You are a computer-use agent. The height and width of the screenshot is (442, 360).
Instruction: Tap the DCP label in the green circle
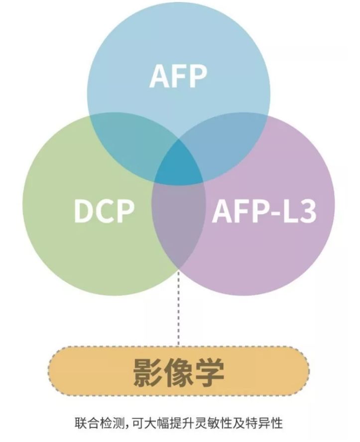click(x=104, y=211)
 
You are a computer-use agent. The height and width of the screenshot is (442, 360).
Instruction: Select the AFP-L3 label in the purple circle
click(x=264, y=211)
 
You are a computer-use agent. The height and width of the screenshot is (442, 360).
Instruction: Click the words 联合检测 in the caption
click(x=100, y=424)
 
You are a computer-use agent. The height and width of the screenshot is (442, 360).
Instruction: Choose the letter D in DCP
click(x=83, y=211)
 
